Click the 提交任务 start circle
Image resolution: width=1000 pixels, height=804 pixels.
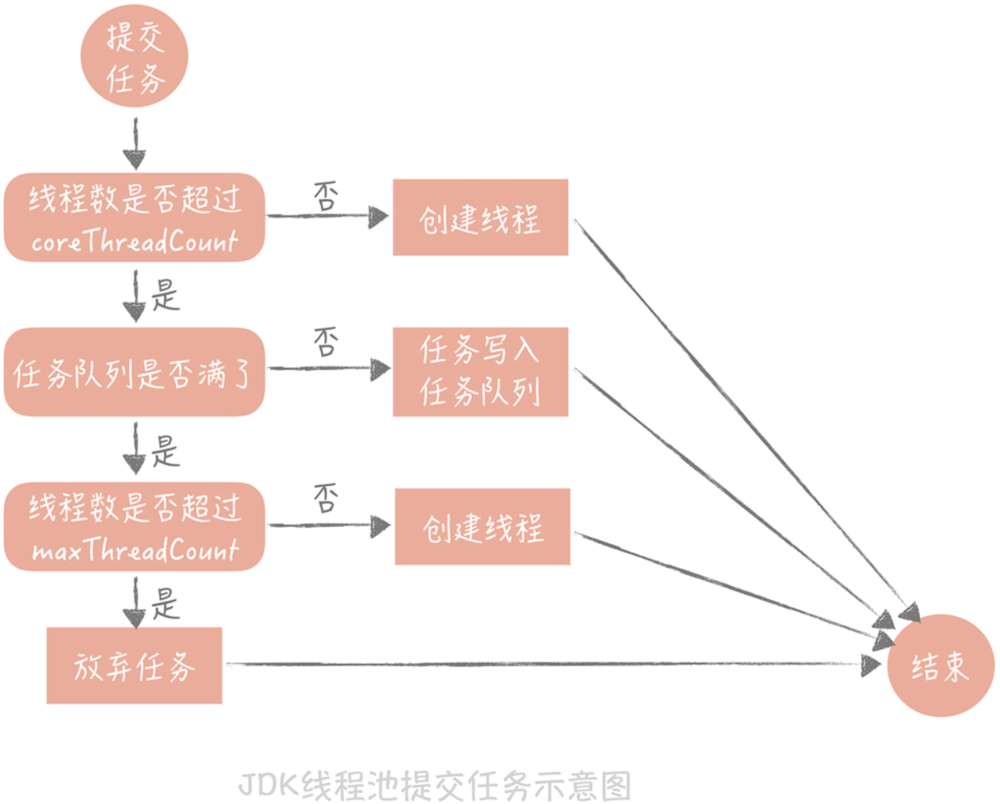(134, 55)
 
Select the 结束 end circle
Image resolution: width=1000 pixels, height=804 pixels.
(940, 665)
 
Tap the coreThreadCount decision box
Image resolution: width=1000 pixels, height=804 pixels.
(134, 217)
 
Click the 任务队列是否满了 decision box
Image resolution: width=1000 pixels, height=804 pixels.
(134, 372)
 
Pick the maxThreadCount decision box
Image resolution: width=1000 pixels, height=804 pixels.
(134, 527)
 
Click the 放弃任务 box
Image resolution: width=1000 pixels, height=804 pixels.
(134, 665)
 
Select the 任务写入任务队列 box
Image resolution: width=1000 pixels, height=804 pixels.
(480, 372)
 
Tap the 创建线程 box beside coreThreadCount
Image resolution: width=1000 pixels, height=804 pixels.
(480, 217)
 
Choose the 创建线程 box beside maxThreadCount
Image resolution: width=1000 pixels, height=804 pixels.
(482, 527)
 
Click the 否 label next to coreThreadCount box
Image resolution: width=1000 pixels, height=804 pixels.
(326, 196)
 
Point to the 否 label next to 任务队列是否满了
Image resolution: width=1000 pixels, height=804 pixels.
(326, 342)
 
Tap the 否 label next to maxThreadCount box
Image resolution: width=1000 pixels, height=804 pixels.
(326, 498)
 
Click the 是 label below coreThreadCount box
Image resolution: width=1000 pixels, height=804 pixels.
(165, 295)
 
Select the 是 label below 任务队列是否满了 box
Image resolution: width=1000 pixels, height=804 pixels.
(165, 451)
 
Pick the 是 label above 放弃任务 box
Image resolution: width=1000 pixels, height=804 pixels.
(165, 603)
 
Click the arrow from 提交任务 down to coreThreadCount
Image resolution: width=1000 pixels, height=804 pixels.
(135, 144)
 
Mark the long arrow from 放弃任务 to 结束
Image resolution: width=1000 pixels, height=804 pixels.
(553, 665)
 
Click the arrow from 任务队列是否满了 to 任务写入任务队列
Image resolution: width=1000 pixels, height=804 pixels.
(329, 369)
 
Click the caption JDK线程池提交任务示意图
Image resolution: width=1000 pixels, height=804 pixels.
(435, 786)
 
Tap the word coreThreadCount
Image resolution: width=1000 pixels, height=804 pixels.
(135, 241)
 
